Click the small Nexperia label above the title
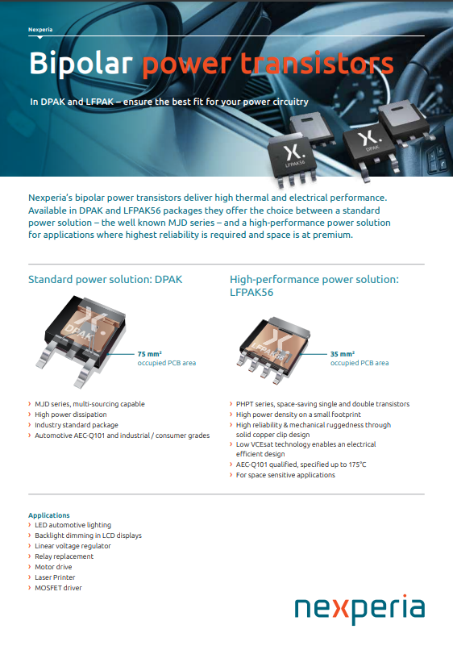pos(40,29)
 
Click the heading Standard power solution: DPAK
pos(106,280)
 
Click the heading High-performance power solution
pos(314,280)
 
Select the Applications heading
pos(48,515)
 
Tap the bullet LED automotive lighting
pos(73,525)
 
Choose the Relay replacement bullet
pos(64,556)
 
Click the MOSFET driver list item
pos(58,588)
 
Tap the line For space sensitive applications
pos(285,475)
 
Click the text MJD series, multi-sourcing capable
pos(89,404)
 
